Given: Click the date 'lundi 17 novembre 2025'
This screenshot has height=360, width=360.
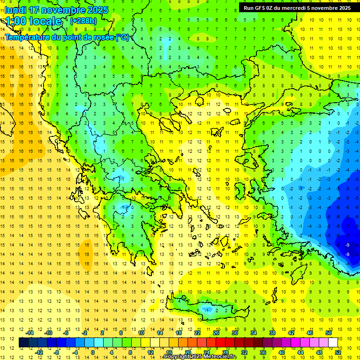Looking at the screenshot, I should point(56,10).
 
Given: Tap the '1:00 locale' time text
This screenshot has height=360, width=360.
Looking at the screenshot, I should point(33,21).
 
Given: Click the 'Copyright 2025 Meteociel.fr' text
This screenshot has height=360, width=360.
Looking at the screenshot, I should point(200,357).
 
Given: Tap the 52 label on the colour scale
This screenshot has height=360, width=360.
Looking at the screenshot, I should point(338,352).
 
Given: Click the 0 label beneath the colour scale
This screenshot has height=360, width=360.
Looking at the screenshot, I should point(93,352).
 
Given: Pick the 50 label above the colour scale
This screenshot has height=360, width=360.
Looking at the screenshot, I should point(329,333).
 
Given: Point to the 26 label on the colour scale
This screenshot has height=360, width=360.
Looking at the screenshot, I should point(216,333).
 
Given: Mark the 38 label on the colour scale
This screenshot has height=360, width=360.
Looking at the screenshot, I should point(272,333).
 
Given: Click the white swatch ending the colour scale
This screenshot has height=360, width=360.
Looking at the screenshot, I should point(333,343).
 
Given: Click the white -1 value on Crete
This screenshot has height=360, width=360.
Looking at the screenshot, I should point(207,310).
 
